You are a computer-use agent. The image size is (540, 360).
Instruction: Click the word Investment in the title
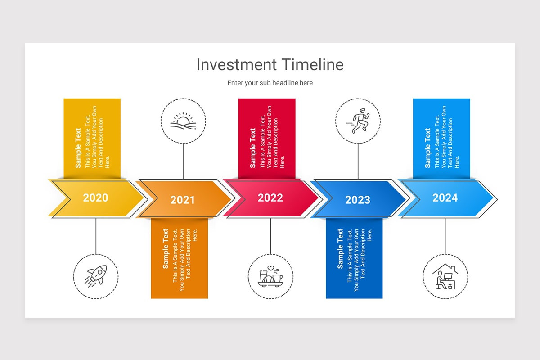[x=237, y=65]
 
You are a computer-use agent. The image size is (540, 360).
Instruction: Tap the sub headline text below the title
[x=270, y=83]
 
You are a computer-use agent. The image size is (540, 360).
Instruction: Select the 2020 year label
[x=96, y=198]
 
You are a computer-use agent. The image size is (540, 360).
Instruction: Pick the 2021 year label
[x=183, y=200]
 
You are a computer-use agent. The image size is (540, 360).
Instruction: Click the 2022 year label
[x=270, y=198]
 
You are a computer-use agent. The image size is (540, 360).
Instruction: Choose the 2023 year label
[x=358, y=200]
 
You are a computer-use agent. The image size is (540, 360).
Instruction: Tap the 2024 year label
[x=445, y=198]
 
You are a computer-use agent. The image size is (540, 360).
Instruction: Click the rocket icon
[x=96, y=275]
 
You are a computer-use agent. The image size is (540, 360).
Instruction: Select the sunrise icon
[x=183, y=121]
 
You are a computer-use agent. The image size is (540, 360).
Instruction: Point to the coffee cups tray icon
[x=270, y=275]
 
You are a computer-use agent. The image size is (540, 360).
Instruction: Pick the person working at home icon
[x=445, y=275]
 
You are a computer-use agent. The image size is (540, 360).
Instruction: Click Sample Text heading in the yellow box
[x=78, y=148]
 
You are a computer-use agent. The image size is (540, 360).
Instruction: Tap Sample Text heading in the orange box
[x=166, y=248]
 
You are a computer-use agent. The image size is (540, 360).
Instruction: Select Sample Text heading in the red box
[x=253, y=148]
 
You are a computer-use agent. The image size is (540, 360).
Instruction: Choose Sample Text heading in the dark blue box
[x=340, y=248]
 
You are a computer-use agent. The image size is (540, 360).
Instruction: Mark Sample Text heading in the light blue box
[x=427, y=148]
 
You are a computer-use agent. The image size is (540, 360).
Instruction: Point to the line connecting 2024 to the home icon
[x=445, y=236]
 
